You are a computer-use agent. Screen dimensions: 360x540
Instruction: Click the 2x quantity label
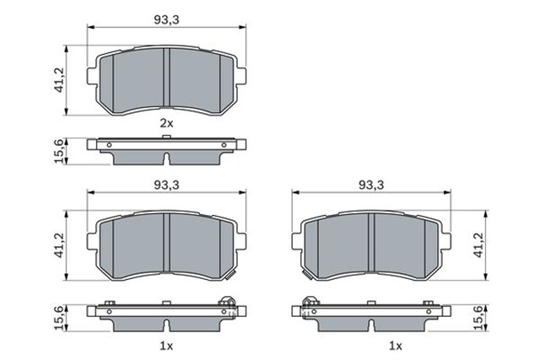tap(166, 123)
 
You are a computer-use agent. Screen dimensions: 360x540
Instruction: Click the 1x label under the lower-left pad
tap(166, 347)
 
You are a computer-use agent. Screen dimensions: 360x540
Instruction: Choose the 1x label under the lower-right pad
tap(395, 347)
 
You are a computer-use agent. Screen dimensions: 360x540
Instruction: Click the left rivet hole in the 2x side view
tap(111, 144)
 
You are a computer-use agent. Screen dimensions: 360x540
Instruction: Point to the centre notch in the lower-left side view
tap(167, 325)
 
